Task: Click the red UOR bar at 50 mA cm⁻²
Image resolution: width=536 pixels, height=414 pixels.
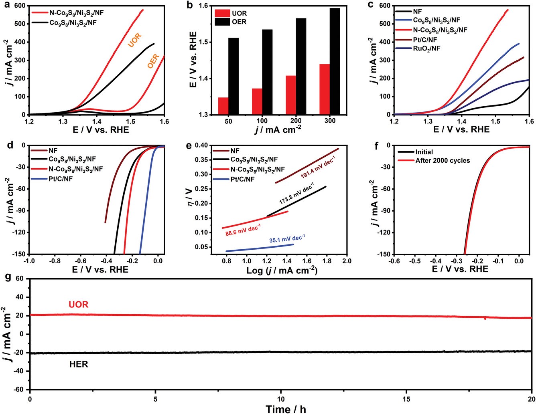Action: point(223,106)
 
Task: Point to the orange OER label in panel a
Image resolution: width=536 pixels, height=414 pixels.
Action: point(153,61)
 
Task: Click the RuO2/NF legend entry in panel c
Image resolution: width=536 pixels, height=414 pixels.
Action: point(429,48)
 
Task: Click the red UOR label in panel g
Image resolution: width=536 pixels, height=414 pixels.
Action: point(79,305)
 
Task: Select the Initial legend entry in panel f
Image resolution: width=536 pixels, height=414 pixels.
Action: point(424,152)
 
